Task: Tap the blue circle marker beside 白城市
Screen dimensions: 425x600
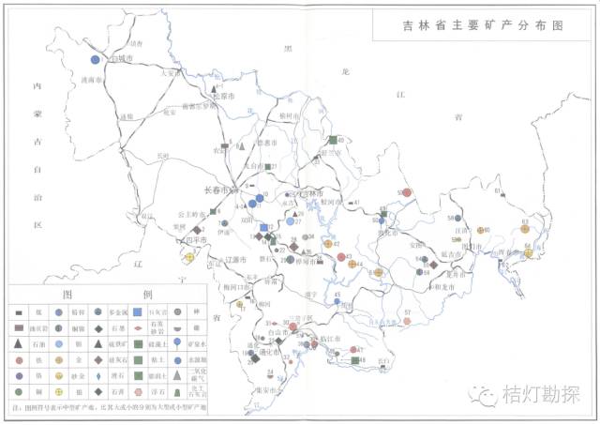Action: [95, 60]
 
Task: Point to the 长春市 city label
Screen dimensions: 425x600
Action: [217, 190]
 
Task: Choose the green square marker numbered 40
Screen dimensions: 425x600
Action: [333, 140]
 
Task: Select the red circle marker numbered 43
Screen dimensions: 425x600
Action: [341, 255]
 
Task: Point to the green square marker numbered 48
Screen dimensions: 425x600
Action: [354, 359]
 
